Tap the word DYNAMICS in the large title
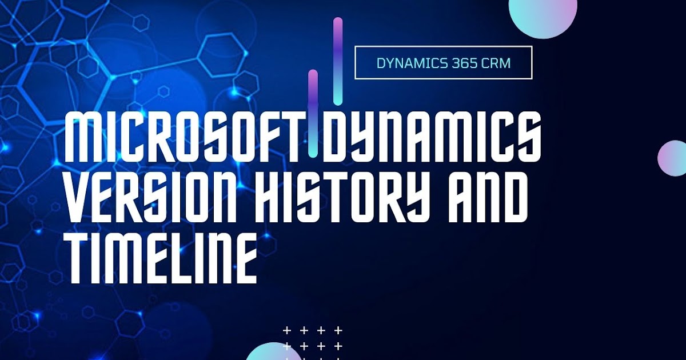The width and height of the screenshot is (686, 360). point(432,137)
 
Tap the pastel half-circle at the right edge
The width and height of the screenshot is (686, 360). point(673,158)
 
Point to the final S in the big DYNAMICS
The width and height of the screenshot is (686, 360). point(527,137)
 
